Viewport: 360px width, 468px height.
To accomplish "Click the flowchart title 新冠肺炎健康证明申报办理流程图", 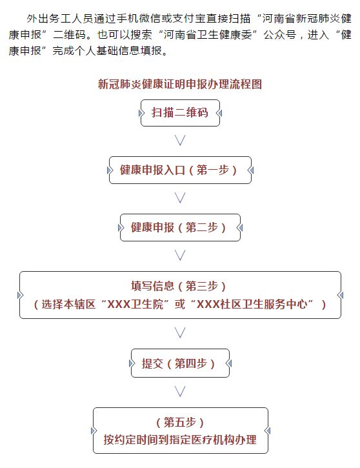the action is coord(180,84).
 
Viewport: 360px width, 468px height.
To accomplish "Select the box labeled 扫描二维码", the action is coord(180,113).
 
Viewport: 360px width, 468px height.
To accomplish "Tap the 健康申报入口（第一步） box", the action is coord(180,170).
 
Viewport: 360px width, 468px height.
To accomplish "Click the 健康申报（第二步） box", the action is coord(180,227).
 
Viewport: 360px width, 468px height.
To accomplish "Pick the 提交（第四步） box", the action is coord(180,363).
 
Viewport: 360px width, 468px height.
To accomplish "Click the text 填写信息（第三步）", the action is coord(178,286).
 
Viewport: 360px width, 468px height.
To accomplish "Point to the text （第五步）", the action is coord(180,422).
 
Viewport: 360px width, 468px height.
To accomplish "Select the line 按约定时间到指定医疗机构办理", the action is coord(180,440).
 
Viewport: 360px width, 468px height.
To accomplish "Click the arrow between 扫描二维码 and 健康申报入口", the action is coord(180,140).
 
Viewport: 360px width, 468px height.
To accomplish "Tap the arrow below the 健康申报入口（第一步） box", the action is coord(180,198).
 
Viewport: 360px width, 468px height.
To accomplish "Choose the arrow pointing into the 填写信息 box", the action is coord(180,256).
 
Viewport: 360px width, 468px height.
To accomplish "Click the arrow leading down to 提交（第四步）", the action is coord(180,333).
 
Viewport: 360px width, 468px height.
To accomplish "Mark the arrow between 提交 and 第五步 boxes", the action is coord(180,392).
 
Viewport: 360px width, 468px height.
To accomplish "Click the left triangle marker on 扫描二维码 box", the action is coord(141,113).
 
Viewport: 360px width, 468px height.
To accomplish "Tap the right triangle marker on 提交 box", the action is coord(229,363).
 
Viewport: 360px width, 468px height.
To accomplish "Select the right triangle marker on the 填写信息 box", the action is coord(340,295).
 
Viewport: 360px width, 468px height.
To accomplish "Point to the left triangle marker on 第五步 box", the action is coord(94,431).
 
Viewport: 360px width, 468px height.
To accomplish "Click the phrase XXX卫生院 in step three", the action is coord(135,305).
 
